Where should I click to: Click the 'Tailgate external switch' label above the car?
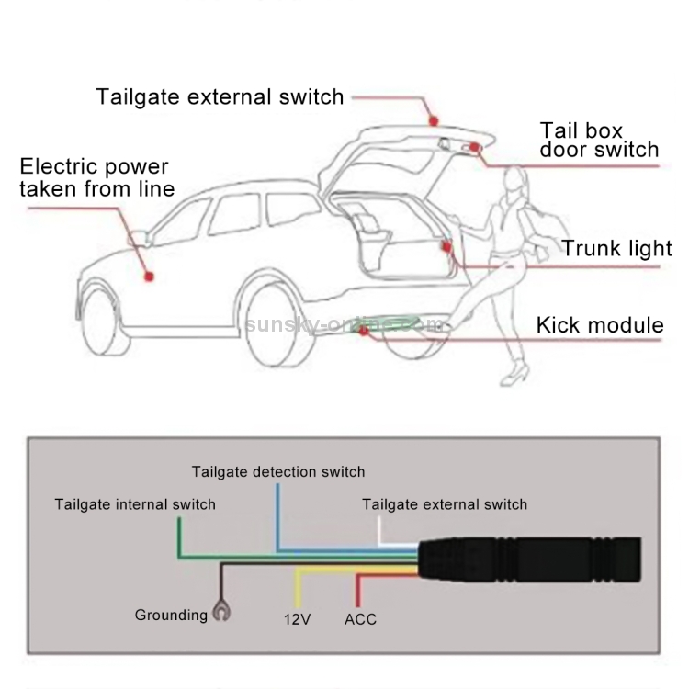[x=220, y=96]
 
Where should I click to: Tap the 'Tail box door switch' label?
[x=599, y=141]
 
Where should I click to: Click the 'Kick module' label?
[x=599, y=324]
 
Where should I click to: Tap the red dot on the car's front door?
[x=148, y=274]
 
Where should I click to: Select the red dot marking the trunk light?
[x=446, y=245]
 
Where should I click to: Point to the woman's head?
[x=514, y=184]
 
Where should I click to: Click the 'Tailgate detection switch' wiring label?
[x=278, y=472]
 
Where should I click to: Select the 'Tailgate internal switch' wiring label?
[x=135, y=504]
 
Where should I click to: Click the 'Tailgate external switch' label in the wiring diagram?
[x=445, y=504]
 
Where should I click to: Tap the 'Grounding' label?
[x=171, y=616]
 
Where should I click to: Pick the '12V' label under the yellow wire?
[x=297, y=619]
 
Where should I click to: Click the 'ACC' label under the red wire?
[x=360, y=619]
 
